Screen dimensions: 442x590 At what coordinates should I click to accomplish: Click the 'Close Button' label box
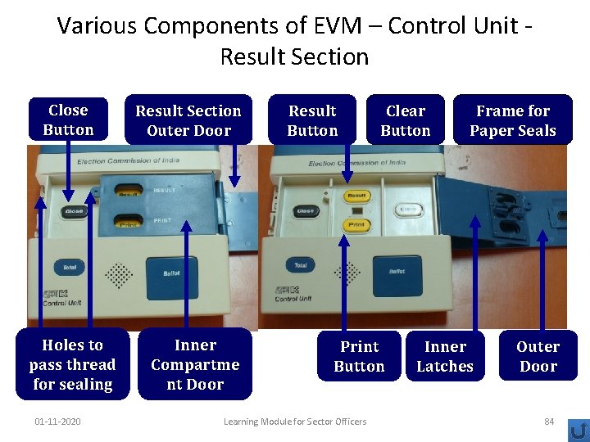click(68, 120)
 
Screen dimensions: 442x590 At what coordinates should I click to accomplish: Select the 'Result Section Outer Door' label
click(188, 120)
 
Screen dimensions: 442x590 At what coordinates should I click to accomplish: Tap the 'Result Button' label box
click(312, 120)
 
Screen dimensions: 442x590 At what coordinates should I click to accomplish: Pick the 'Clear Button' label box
click(406, 120)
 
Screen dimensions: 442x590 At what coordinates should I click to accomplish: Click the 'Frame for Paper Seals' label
click(513, 120)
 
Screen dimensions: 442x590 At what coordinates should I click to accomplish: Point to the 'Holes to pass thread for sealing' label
click(72, 364)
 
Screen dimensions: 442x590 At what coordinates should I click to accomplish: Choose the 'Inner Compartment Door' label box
click(195, 364)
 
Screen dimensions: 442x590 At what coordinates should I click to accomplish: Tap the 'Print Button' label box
click(359, 356)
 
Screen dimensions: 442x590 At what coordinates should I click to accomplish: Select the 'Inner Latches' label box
click(445, 356)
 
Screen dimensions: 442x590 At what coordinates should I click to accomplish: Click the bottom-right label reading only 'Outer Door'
click(538, 356)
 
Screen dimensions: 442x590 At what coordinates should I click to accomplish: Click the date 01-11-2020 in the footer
click(57, 422)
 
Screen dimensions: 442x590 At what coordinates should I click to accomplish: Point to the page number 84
click(549, 422)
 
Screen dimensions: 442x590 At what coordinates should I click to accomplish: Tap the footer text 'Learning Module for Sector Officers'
click(295, 422)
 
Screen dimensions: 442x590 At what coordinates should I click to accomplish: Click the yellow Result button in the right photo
click(356, 196)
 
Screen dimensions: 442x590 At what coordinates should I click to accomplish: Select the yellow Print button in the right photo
click(356, 224)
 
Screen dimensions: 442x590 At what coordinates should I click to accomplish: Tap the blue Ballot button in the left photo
click(171, 272)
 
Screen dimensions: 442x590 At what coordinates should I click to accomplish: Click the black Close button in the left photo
click(74, 211)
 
